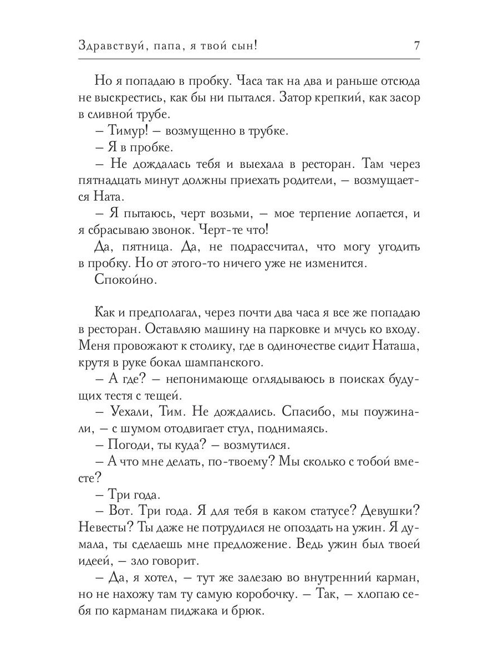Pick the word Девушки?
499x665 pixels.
tap(390, 513)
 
